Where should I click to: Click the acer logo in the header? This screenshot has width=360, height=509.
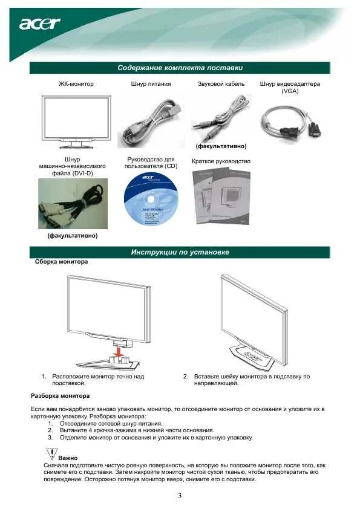tap(40, 24)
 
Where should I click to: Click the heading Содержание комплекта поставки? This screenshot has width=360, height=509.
tap(180, 68)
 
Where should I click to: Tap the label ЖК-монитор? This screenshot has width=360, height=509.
tap(71, 84)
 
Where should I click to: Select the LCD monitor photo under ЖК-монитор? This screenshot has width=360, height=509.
tap(72, 120)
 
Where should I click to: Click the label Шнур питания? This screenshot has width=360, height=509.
tap(151, 84)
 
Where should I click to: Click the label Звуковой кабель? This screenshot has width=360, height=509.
tap(221, 84)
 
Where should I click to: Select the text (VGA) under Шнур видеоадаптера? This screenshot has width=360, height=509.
tap(290, 91)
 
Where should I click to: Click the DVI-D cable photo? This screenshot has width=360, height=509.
tap(73, 203)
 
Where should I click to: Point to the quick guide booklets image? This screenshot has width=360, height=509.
tap(221, 195)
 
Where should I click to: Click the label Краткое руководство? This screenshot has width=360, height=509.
tap(221, 161)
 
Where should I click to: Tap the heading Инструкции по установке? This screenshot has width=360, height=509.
tap(180, 252)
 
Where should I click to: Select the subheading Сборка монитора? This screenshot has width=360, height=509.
tap(61, 262)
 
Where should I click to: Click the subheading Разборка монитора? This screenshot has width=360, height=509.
tap(60, 396)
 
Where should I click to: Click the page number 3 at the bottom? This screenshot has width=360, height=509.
tap(180, 496)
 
